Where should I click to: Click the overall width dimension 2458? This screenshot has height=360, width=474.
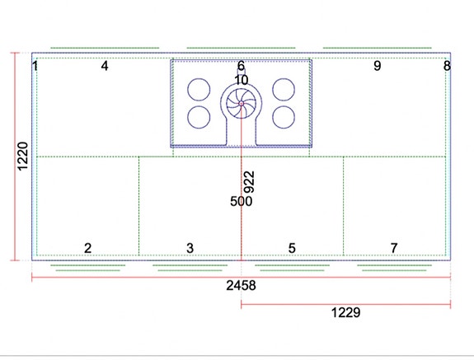click(x=241, y=285)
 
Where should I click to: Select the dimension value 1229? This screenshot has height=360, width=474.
click(x=346, y=312)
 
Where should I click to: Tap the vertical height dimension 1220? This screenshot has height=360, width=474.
click(x=23, y=157)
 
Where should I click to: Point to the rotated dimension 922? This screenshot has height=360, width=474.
click(x=250, y=182)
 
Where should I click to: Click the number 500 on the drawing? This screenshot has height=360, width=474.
click(x=241, y=202)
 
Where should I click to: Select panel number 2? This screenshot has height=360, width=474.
click(x=87, y=248)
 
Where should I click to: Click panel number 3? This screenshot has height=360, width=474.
click(x=190, y=248)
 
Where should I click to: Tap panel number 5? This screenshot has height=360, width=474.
click(x=292, y=248)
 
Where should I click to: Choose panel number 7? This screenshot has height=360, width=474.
click(x=394, y=248)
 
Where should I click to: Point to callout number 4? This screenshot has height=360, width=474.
click(x=105, y=66)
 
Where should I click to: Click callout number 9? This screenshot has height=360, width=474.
click(x=378, y=66)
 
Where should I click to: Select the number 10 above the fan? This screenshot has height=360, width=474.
click(x=242, y=81)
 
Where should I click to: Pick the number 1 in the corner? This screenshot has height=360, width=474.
click(x=35, y=66)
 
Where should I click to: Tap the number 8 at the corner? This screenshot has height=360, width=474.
click(x=447, y=66)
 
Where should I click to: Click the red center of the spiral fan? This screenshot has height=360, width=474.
click(x=242, y=104)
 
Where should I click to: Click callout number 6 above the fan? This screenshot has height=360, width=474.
click(x=241, y=66)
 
